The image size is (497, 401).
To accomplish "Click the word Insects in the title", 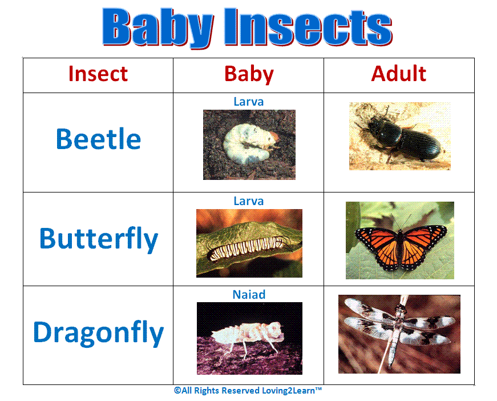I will coord(308,27).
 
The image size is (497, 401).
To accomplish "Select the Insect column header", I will coord(98,74).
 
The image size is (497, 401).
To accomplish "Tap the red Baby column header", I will coord(249,74).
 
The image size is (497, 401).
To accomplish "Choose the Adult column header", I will coord(399,74).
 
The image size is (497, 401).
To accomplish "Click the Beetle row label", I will coord(98,139).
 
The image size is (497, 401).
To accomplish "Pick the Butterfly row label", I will coord(98,238).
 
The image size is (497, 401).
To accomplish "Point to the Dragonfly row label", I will coord(98,332).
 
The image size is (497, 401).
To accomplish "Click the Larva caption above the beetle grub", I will coord(249,102).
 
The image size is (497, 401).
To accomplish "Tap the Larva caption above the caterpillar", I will coord(249,201).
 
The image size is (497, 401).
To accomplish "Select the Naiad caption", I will coord(249,295).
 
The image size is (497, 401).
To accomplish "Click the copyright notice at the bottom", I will coord(248,391).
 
